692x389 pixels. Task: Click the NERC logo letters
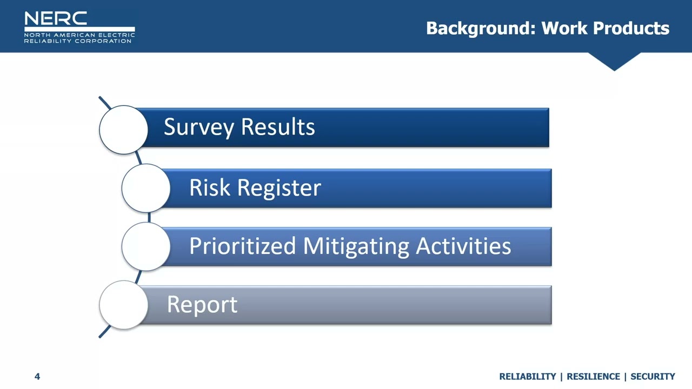[x=56, y=18]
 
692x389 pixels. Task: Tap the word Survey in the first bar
[x=199, y=128]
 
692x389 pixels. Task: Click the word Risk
[x=210, y=188]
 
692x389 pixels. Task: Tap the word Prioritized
[x=243, y=246]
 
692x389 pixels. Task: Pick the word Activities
[x=463, y=246]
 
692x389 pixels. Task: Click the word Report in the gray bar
[x=202, y=305]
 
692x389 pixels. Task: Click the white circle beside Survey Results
[x=124, y=130]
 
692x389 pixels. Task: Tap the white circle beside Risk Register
[x=146, y=188]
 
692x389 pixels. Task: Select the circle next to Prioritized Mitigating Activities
[x=146, y=246]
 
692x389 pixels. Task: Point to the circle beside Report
[x=124, y=305]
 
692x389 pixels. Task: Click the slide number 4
[x=37, y=377]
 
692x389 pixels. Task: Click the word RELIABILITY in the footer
[x=527, y=377]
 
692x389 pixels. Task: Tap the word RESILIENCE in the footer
[x=593, y=377]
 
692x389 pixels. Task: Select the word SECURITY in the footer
[x=653, y=377]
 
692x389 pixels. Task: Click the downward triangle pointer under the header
[x=614, y=60]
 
